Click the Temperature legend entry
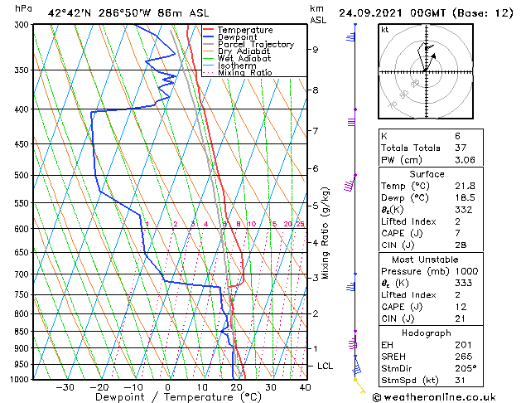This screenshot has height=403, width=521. [241, 30]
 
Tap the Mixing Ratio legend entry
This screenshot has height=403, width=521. [244, 73]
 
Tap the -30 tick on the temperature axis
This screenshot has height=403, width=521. [65, 387]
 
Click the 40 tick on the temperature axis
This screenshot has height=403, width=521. [305, 387]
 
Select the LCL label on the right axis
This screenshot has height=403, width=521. [326, 366]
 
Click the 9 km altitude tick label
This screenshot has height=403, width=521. [316, 50]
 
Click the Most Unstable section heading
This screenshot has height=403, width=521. [427, 260]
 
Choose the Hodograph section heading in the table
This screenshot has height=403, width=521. [427, 333]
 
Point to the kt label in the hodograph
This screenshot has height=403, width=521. [384, 30]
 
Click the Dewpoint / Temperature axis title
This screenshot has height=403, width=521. [167, 397]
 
